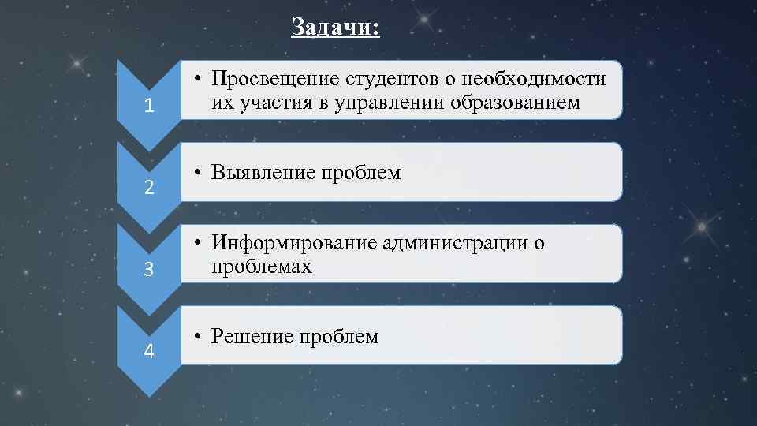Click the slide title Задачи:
(335, 28)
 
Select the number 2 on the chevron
(149, 189)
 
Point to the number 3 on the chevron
(149, 270)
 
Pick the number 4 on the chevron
(149, 351)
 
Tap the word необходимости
(535, 80)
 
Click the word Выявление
(263, 173)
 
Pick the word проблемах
(261, 267)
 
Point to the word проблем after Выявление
(360, 173)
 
